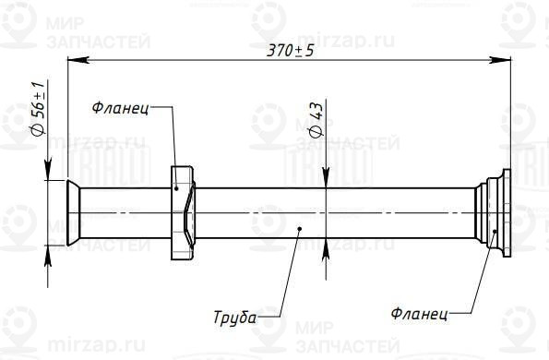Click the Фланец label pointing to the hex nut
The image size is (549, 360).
point(120,109)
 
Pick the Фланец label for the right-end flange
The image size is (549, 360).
point(420,315)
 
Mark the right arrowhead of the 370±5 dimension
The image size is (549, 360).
point(504,62)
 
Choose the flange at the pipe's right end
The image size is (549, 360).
point(494,211)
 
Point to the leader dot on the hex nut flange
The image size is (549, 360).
point(176,188)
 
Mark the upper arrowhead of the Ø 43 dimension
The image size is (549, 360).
point(326,181)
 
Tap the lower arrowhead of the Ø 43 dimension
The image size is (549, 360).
point(326,243)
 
